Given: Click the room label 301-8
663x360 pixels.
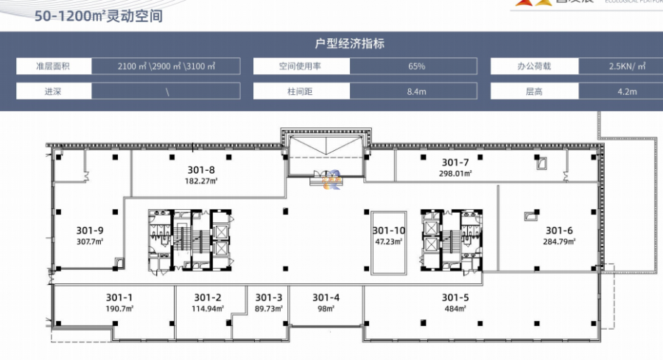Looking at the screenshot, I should coord(199,169).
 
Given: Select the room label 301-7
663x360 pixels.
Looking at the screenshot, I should coord(455,162).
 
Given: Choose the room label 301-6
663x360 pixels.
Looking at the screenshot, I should coord(558,230).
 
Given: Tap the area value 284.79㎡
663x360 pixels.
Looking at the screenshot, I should coord(558,240).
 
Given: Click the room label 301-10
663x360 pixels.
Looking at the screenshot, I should coord(388,230).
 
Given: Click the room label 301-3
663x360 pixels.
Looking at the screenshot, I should coord(269,297).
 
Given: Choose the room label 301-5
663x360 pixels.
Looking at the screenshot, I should coord(455,297).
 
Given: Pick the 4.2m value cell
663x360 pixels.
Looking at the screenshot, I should coord(623,92).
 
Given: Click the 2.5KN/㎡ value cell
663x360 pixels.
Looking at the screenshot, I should coord(623,66).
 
